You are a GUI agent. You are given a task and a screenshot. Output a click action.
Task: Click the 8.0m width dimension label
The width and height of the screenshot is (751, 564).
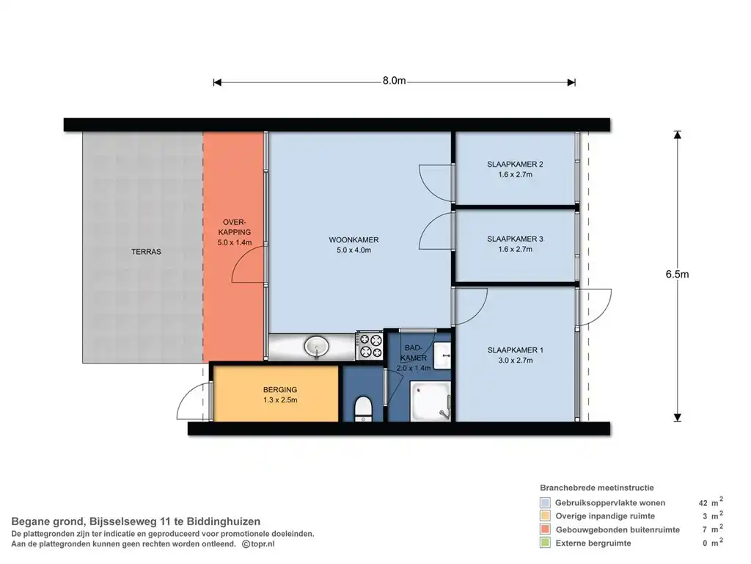click(x=394, y=81)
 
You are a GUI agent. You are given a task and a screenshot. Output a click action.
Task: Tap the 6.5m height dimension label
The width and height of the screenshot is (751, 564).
click(x=677, y=275)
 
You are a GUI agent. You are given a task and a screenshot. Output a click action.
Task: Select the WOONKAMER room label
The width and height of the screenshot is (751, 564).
click(x=353, y=240)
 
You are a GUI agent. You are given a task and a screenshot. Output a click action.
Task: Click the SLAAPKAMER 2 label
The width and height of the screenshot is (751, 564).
click(x=515, y=164)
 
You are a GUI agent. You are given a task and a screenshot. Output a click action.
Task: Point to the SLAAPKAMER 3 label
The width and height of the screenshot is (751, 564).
click(x=515, y=239)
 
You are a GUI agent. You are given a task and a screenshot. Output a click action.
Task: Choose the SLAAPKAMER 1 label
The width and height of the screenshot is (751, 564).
click(x=516, y=350)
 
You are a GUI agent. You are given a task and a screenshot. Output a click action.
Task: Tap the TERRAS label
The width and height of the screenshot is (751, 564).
click(x=146, y=251)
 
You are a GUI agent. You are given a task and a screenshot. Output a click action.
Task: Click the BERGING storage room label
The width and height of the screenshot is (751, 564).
click(x=280, y=390)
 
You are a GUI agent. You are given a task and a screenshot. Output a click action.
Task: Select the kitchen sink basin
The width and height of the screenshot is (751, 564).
click(x=317, y=347)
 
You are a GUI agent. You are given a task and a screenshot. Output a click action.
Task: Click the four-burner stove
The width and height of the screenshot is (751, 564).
click(x=370, y=346)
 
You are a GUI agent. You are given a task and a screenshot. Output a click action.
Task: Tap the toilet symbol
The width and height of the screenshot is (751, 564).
click(x=363, y=410)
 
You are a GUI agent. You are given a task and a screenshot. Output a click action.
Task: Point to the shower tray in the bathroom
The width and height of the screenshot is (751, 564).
click(x=431, y=402)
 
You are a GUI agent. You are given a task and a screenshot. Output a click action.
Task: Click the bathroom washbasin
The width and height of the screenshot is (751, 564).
click(x=442, y=355)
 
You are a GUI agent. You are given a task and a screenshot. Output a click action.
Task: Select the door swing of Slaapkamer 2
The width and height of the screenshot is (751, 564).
click(x=436, y=183)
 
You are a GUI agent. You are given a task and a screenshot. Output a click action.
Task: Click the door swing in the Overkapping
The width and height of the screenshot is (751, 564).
click(x=248, y=264)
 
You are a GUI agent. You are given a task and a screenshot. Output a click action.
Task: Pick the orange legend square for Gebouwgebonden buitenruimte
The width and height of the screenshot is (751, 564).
click(x=545, y=529)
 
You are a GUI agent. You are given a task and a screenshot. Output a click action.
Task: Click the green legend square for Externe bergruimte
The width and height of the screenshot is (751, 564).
click(x=545, y=543)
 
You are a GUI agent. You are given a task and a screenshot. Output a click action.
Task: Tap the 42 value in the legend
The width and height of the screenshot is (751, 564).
click(x=703, y=503)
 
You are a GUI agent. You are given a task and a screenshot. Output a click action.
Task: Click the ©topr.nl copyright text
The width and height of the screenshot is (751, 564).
click(x=258, y=544)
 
